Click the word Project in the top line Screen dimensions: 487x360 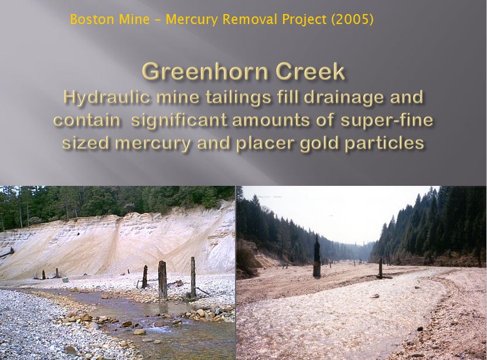coord(304,20)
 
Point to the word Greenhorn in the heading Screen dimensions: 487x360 coord(205,72)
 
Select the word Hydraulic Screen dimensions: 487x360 coord(107,97)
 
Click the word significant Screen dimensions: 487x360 coord(179,120)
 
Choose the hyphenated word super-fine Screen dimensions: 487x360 coord(387,120)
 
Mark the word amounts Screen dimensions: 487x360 coord(271,121)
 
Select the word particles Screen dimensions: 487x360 coord(384,144)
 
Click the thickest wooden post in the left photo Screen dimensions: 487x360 coord(162,280)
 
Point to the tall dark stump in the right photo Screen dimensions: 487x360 coord(316,256)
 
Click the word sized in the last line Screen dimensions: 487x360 coord(86,144)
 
